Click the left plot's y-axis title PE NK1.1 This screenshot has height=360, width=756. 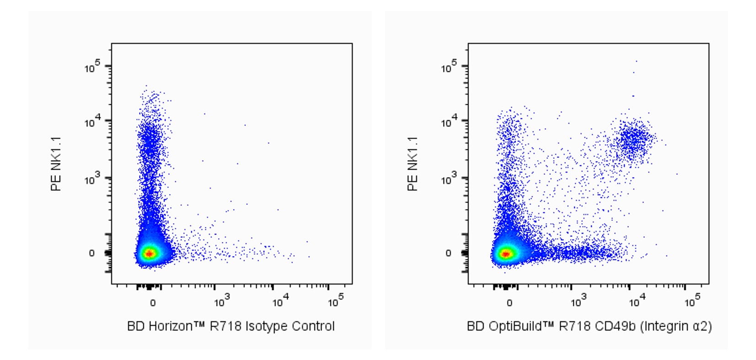pos(56,164)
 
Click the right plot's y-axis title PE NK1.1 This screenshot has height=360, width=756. pos(413,164)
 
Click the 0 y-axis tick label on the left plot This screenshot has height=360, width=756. pos(92,253)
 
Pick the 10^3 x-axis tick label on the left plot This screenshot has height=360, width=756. pos(222,301)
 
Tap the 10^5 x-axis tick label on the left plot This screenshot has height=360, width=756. pos(336,301)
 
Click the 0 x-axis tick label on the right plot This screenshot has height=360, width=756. pos(509,303)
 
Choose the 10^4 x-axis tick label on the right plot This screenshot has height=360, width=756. pos(637,301)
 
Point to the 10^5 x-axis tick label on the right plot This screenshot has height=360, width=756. pos(692,301)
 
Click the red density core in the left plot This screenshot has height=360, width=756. pos(149,253)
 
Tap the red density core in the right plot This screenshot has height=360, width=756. pos(506,253)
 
